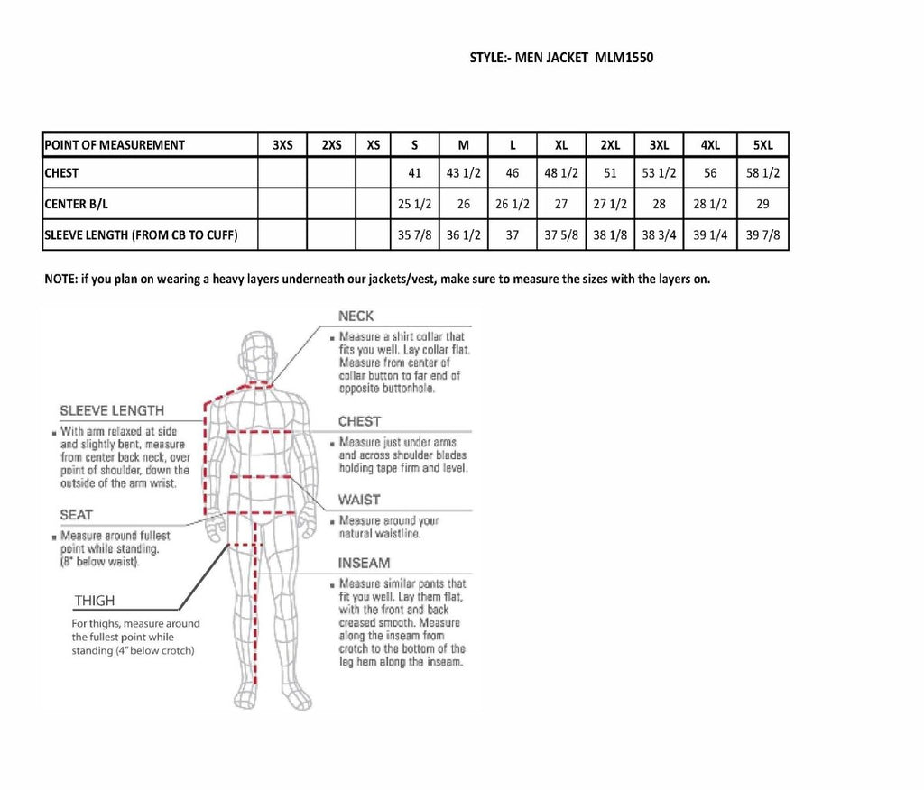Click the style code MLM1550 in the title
coord(624,58)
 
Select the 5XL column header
coord(762,145)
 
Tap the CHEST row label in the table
coord(61,173)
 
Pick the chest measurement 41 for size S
coord(415,173)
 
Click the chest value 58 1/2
coord(762,173)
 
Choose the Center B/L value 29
coord(762,204)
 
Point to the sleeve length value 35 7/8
coord(415,235)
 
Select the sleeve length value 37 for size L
coord(512,235)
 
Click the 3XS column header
coord(282,145)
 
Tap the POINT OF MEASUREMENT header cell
coord(115,145)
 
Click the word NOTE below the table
coord(60,279)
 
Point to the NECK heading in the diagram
coord(356,317)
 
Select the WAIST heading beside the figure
coord(359,500)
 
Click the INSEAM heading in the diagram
coord(364,563)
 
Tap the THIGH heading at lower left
coord(95,601)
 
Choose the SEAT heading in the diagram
coord(77,515)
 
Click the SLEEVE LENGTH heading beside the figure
coord(112,411)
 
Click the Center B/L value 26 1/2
coord(512,204)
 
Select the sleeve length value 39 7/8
coord(762,235)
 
